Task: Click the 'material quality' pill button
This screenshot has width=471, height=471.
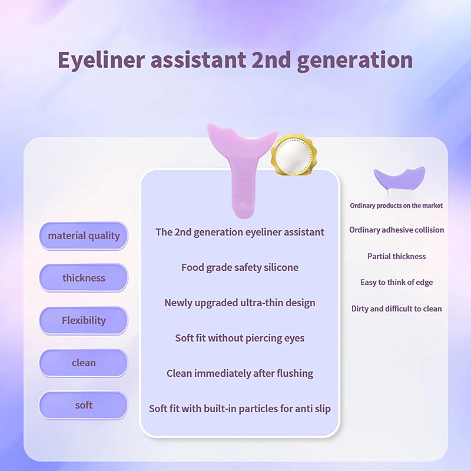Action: (x=84, y=236)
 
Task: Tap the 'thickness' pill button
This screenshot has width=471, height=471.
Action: (x=84, y=278)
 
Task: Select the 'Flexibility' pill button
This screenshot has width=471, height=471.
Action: (x=84, y=320)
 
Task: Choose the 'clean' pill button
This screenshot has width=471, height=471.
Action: (x=84, y=363)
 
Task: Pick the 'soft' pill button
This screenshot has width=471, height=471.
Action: (x=84, y=405)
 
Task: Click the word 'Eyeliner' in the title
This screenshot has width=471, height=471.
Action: (x=101, y=60)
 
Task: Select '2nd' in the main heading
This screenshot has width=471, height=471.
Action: (x=271, y=59)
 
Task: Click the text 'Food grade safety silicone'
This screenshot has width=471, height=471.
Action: (x=240, y=267)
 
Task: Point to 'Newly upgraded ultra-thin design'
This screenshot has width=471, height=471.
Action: (x=240, y=303)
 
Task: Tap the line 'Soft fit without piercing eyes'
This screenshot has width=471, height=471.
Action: (x=240, y=338)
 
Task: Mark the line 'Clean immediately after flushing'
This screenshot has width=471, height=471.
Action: (x=240, y=373)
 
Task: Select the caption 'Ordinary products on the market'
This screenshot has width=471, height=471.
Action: (x=396, y=205)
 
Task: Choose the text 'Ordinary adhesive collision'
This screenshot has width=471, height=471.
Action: (x=396, y=230)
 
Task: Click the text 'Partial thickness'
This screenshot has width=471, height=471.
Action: (x=396, y=256)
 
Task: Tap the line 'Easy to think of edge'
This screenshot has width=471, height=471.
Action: (x=396, y=283)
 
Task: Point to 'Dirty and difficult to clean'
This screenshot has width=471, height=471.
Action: (x=396, y=309)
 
